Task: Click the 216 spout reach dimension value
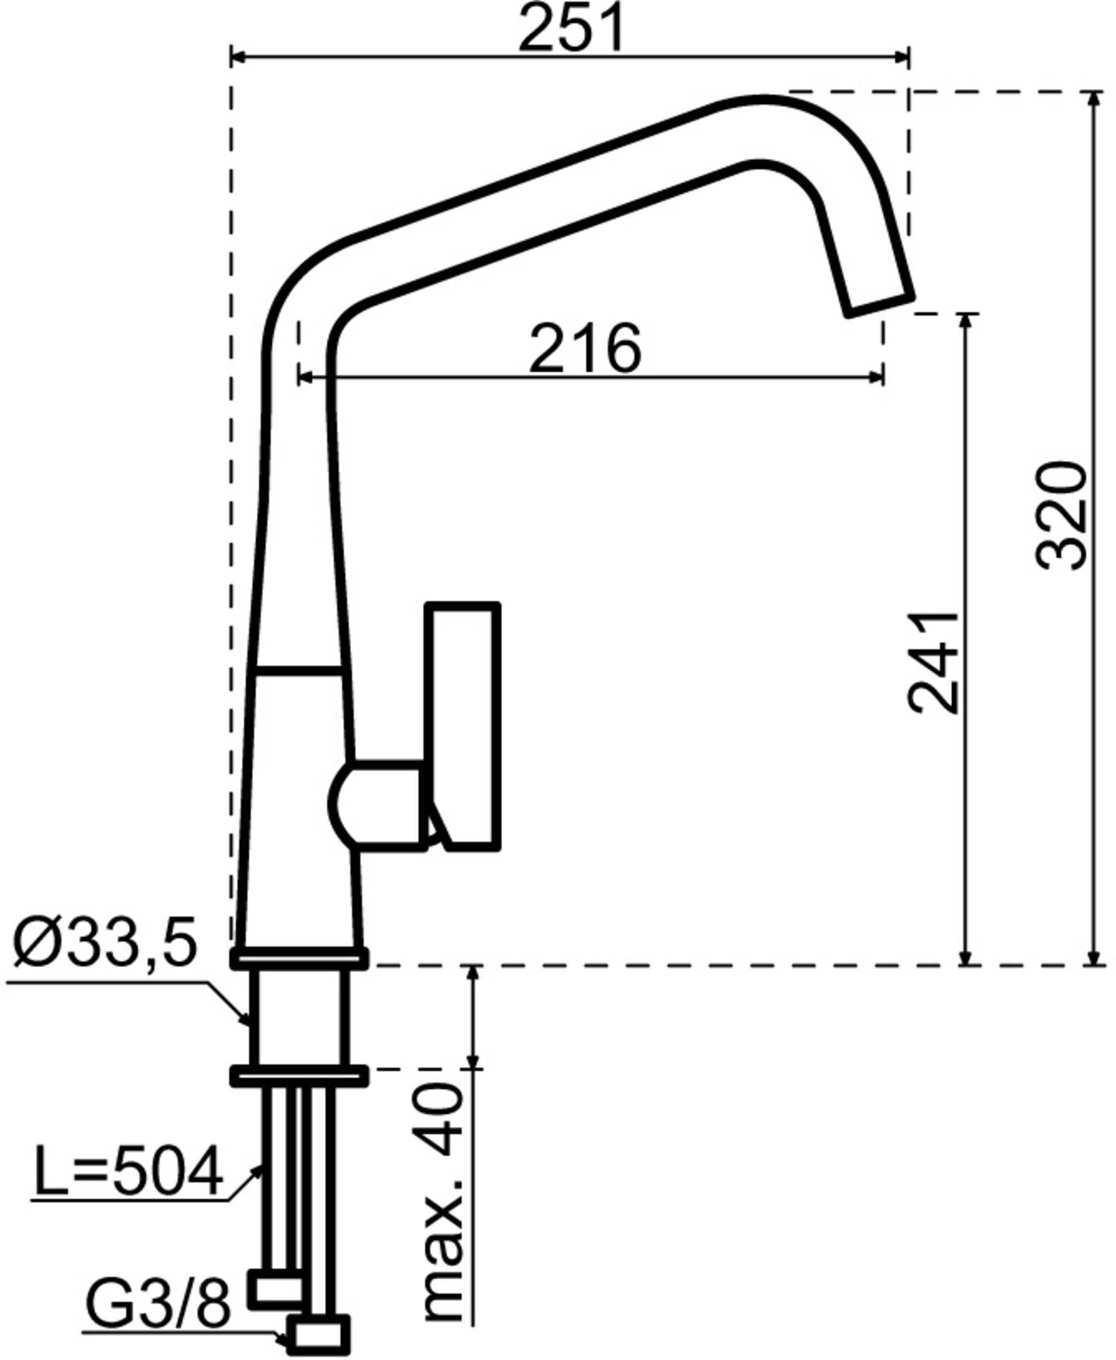[585, 348]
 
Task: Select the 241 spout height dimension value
[933, 664]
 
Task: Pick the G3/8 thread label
[158, 1301]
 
